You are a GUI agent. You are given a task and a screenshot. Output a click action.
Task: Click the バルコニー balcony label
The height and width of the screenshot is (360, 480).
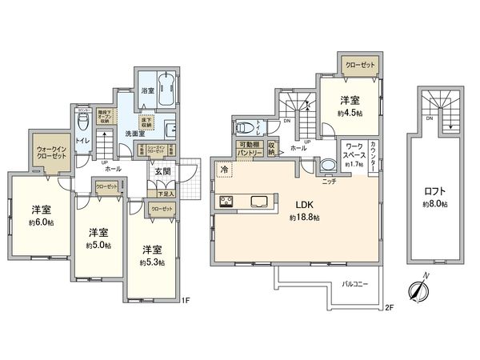pos(355,284)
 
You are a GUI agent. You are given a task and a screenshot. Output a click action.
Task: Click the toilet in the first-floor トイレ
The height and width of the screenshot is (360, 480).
pos(82,123)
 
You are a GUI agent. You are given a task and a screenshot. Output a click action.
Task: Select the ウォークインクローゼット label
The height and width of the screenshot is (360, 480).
pos(50,150)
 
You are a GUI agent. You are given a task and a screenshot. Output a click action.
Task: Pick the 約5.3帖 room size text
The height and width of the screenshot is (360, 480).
pos(152,262)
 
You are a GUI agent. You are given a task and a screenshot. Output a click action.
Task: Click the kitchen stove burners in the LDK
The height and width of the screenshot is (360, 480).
pos(226,201)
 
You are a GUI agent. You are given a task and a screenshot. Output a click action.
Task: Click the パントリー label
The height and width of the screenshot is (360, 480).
pos(247,150)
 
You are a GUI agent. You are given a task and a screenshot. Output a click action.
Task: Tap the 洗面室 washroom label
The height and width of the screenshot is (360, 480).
pos(133,132)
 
